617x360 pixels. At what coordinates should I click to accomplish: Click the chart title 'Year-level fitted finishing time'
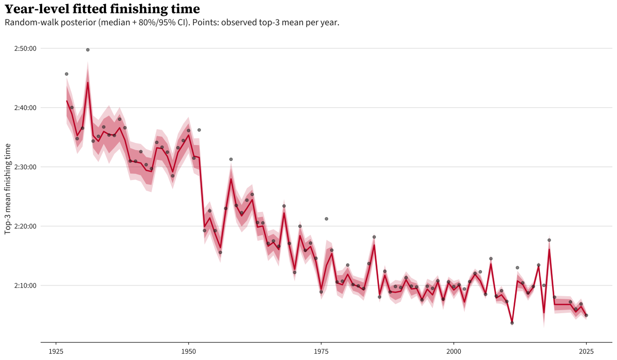pos(102,9)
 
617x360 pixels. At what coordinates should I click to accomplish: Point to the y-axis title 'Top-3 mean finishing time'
pos(8,189)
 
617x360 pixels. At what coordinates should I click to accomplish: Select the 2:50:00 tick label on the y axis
pos(25,48)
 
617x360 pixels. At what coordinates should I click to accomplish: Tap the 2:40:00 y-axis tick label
pos(25,107)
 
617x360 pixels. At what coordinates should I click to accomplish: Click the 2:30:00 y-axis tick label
pos(25,167)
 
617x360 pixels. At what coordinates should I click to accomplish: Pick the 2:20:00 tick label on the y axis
pos(25,226)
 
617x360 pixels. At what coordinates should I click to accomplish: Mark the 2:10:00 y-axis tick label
pos(25,285)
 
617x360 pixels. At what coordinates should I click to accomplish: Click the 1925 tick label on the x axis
pos(56,351)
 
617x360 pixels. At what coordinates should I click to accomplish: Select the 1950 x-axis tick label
pos(188,351)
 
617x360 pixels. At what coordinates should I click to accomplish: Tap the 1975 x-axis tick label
pos(321,351)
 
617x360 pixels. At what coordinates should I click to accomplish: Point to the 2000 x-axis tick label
pos(453,351)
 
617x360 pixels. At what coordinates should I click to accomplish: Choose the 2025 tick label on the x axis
pos(586,351)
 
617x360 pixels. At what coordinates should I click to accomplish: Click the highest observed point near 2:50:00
pos(87,50)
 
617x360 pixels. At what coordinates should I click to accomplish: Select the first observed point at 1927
pos(66,74)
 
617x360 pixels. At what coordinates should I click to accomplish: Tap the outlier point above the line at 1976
pos(326,219)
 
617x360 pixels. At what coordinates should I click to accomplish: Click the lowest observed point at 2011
pos(512,323)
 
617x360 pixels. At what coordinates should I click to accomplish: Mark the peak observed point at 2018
pos(549,240)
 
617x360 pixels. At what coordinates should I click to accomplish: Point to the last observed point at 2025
pos(586,315)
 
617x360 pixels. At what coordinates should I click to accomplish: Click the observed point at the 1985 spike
pos(374,237)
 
